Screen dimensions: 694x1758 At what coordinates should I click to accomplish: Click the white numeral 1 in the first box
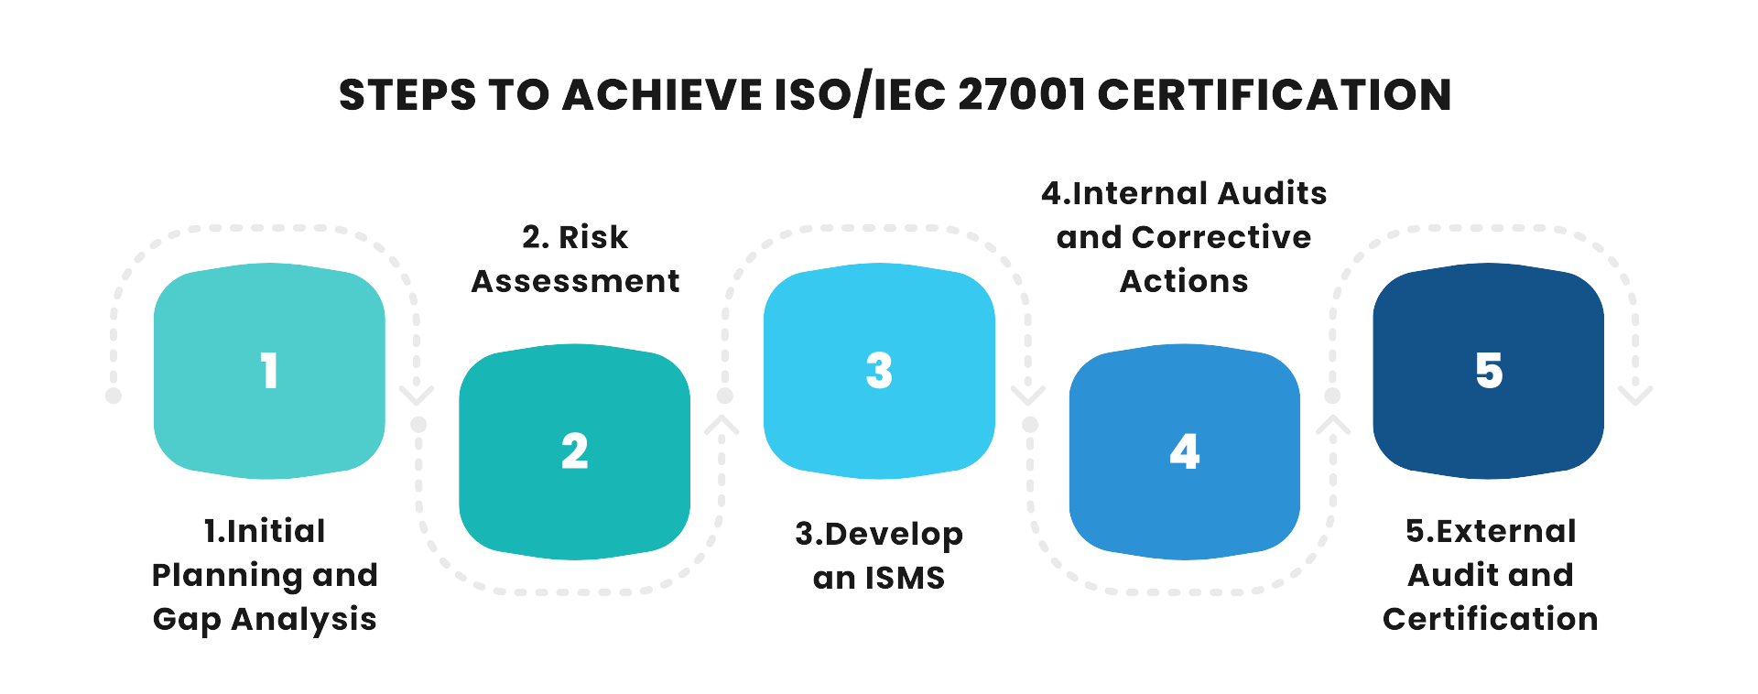(268, 371)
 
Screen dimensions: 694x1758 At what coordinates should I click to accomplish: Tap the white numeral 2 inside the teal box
(574, 451)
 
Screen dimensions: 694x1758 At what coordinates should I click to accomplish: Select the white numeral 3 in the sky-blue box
(879, 371)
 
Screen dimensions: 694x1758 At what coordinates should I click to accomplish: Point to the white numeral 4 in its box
(1184, 451)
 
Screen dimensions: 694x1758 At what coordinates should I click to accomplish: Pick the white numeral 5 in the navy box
(1489, 371)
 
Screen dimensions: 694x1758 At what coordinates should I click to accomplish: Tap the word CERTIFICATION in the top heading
(1275, 95)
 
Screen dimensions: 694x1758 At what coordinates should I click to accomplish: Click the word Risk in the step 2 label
(593, 237)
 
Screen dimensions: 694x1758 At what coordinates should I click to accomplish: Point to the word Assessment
(575, 281)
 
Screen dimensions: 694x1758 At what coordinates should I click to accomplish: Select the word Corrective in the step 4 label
(1221, 237)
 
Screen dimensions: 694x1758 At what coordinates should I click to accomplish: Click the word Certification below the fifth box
(1490, 619)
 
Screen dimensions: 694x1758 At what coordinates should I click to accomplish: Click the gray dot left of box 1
(114, 396)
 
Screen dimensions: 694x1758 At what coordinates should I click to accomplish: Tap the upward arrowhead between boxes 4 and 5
(1333, 425)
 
